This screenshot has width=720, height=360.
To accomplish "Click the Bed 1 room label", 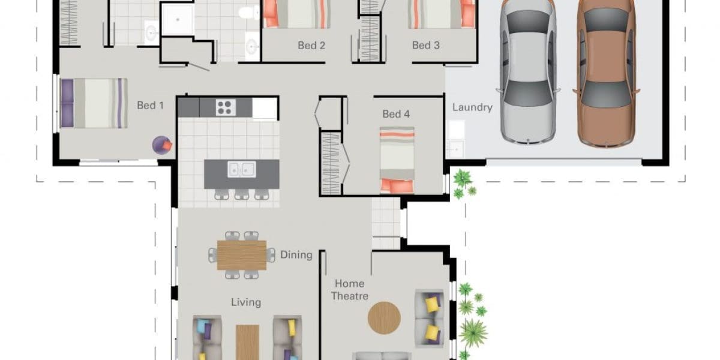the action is pyautogui.click(x=150, y=105).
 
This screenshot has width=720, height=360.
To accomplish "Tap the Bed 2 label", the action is pyautogui.click(x=311, y=46).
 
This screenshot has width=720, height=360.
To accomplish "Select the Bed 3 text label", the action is pyautogui.click(x=425, y=46).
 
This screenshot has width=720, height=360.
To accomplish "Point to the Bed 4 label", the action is pyautogui.click(x=396, y=114).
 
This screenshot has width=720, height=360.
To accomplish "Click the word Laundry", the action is pyautogui.click(x=472, y=107).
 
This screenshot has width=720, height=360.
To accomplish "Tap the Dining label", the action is pyautogui.click(x=296, y=255).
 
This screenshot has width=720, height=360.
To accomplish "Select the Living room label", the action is pyautogui.click(x=246, y=302).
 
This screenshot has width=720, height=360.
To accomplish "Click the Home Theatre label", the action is pyautogui.click(x=349, y=290).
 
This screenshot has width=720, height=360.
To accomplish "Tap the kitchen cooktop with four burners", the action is pyautogui.click(x=226, y=107).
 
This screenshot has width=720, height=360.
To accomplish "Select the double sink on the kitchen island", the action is pyautogui.click(x=242, y=169).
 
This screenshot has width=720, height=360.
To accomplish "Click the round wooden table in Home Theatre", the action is pyautogui.click(x=384, y=317).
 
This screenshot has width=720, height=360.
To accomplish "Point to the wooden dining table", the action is pyautogui.click(x=242, y=255).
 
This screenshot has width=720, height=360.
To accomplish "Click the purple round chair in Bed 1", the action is pyautogui.click(x=162, y=145).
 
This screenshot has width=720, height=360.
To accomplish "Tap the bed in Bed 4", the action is pyautogui.click(x=397, y=160).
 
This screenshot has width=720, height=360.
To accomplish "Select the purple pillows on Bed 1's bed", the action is pyautogui.click(x=67, y=103).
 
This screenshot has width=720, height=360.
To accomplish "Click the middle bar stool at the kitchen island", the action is pyautogui.click(x=242, y=194).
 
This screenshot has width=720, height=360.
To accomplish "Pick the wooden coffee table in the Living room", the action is pyautogui.click(x=247, y=343).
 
